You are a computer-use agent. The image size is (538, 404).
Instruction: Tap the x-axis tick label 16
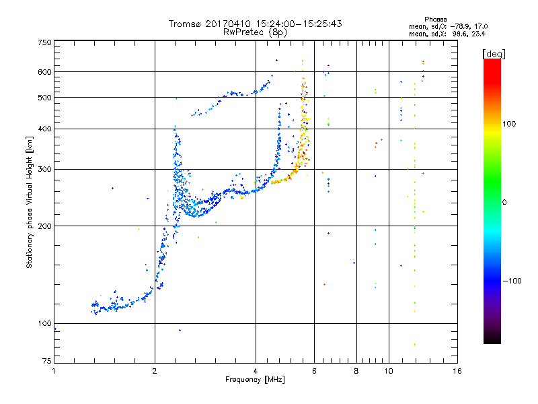(457, 371)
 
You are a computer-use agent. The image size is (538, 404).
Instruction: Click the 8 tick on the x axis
(356, 371)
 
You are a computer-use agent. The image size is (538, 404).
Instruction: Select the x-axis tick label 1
(54, 371)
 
